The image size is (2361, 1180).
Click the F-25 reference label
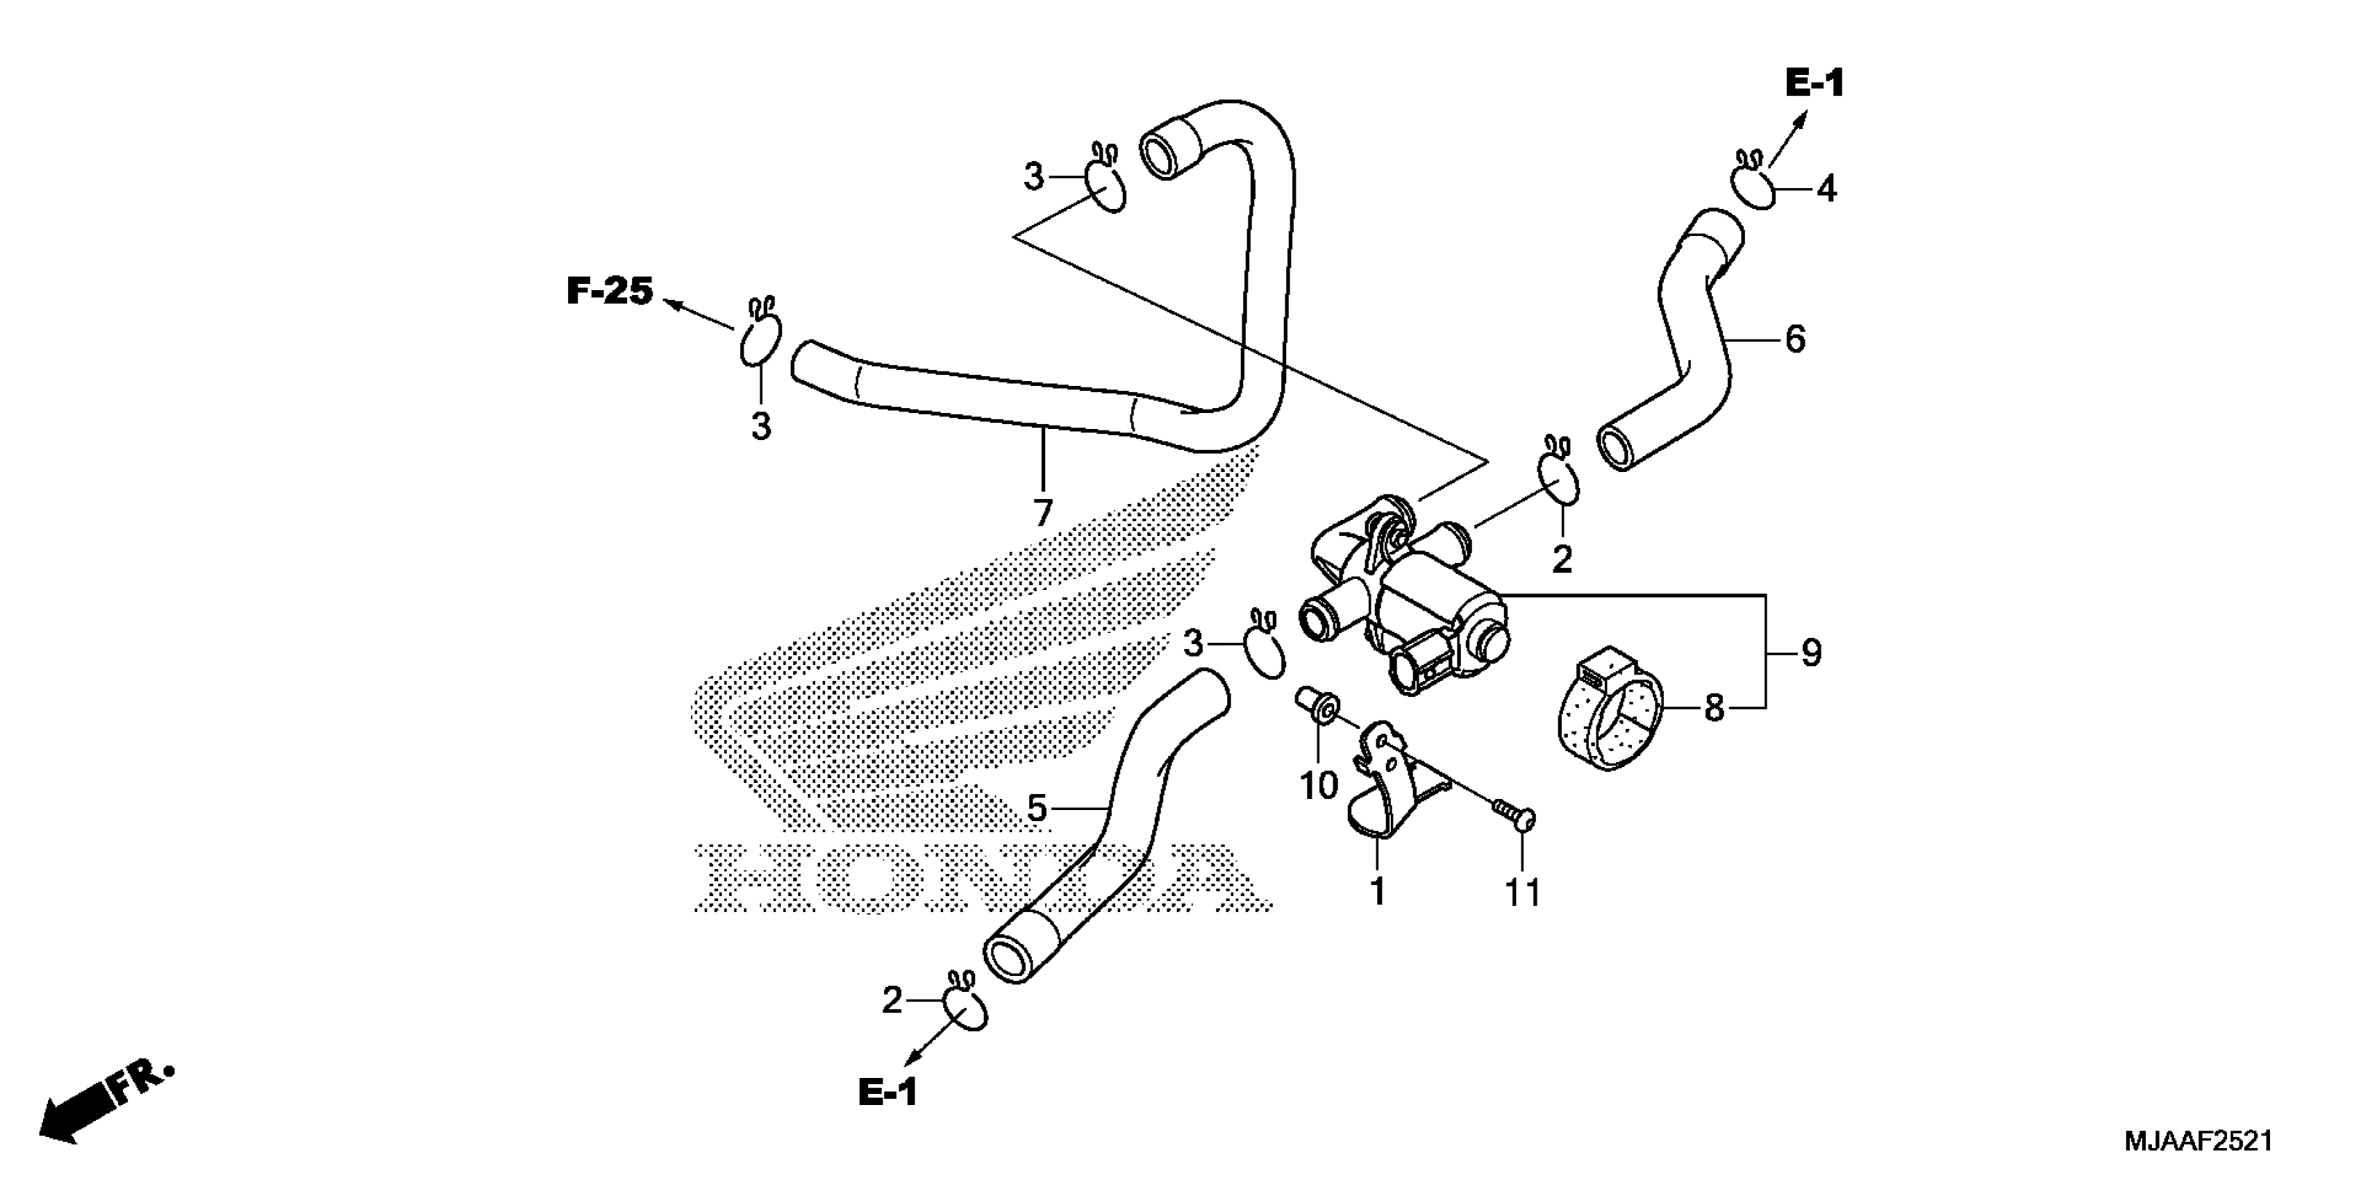point(610,292)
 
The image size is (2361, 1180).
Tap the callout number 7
point(1042,513)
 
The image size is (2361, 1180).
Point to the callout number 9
point(1811,653)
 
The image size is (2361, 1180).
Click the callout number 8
point(1714,708)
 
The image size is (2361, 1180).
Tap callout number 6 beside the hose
point(1794,340)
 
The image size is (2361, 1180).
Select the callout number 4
point(1827,189)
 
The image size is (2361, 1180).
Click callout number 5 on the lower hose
point(1037,809)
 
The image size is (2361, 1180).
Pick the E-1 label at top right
point(1814,84)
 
